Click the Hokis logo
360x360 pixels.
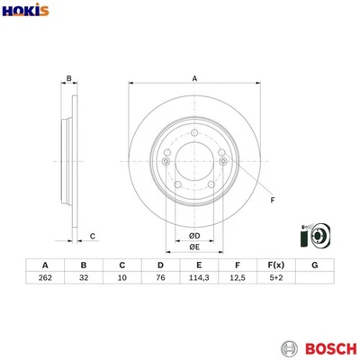click(x=26, y=10)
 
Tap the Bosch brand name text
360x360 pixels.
click(x=328, y=347)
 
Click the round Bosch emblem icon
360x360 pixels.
click(x=289, y=347)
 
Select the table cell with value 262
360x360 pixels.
click(x=44, y=280)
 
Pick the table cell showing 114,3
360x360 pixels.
click(x=199, y=280)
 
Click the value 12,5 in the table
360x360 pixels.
click(x=238, y=280)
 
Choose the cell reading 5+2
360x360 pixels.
click(x=276, y=280)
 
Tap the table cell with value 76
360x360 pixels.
click(x=160, y=280)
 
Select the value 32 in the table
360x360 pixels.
click(x=83, y=280)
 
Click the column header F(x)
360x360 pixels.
click(x=276, y=265)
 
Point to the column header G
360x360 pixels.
click(x=315, y=265)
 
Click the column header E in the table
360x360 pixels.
click(x=199, y=265)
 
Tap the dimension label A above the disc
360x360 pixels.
click(x=194, y=79)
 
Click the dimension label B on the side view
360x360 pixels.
click(x=70, y=79)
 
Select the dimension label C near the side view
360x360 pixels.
click(x=93, y=237)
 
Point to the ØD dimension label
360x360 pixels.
click(x=193, y=237)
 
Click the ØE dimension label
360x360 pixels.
click(x=193, y=248)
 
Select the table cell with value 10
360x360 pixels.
click(x=121, y=280)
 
